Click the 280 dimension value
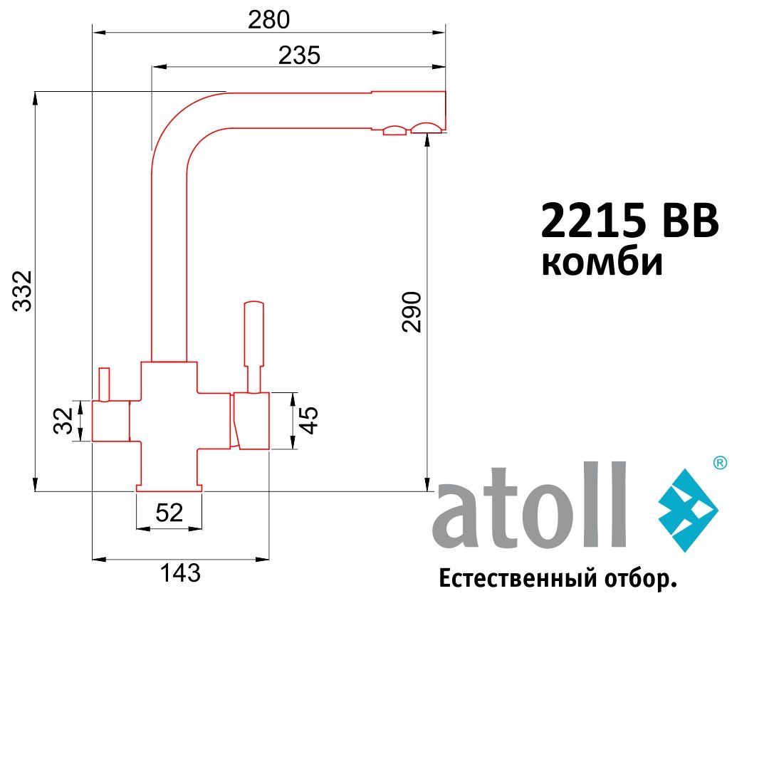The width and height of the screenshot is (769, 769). (x=268, y=20)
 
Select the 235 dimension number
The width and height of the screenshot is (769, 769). (x=299, y=56)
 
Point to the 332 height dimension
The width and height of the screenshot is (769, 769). (x=23, y=291)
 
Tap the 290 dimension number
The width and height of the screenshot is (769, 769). (x=412, y=311)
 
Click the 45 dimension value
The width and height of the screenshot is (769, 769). (x=308, y=420)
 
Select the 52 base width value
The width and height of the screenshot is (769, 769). (x=169, y=513)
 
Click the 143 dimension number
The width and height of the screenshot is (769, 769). (x=179, y=573)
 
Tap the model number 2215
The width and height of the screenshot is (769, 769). (x=594, y=221)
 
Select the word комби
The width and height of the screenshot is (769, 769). (x=602, y=263)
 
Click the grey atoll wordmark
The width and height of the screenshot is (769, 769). (x=530, y=508)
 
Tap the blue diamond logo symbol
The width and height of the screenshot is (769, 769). (x=686, y=511)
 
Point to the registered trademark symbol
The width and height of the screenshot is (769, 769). (x=719, y=463)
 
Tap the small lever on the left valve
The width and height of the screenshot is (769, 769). (x=105, y=384)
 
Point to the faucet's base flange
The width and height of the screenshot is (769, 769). (x=169, y=488)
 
